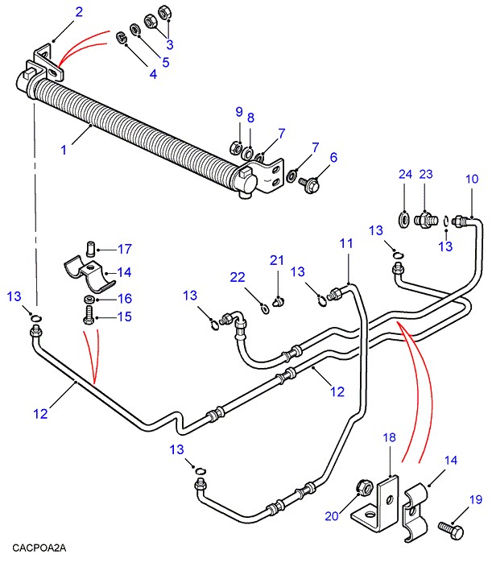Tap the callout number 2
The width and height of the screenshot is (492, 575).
tap(79, 11)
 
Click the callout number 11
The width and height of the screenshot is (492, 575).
tap(346, 242)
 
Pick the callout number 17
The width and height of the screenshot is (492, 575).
tap(125, 249)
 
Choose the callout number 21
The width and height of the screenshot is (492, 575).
tap(277, 259)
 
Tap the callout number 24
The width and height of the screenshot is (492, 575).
tap(404, 174)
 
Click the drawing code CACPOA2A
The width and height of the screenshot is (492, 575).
tap(39, 548)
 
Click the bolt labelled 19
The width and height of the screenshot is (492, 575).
tap(450, 530)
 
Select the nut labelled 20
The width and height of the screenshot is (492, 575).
tap(362, 489)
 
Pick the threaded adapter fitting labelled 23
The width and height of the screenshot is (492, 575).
tap(424, 218)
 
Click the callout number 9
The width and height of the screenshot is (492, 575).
tap(238, 110)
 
